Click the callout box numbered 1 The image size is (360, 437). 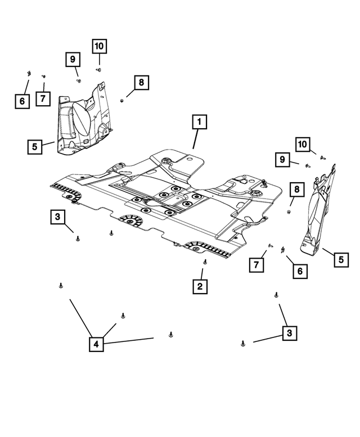199,121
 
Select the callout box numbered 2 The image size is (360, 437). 199,286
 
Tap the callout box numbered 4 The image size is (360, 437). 96,344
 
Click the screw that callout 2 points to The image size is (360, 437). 204,262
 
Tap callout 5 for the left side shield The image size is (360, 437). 35,147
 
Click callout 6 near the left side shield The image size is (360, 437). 21,101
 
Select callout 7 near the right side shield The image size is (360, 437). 256,264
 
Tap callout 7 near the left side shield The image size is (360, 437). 42,98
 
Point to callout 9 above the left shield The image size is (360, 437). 72,58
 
